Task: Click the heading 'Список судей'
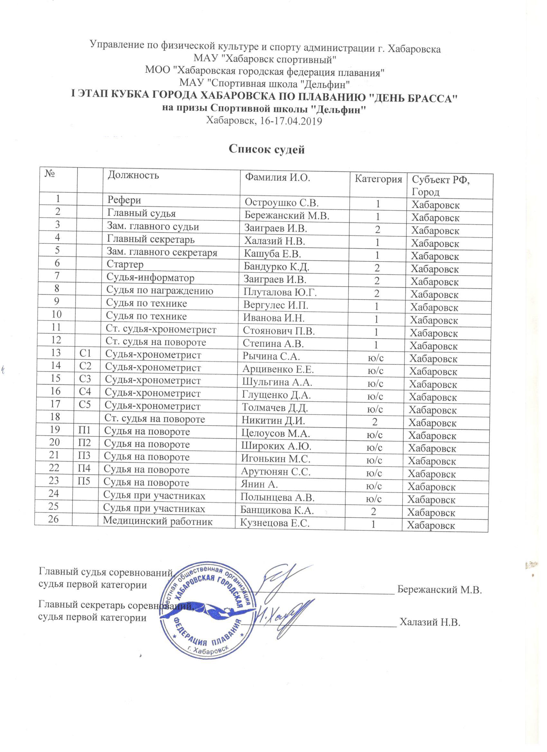pyautogui.click(x=267, y=150)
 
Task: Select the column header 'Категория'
pyautogui.click(x=378, y=179)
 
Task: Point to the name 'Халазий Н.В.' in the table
pyautogui.click(x=275, y=241)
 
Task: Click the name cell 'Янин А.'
pyautogui.click(x=259, y=484)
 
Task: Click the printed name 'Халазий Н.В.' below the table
pyautogui.click(x=430, y=622)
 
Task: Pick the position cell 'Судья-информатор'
pyautogui.click(x=150, y=278)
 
